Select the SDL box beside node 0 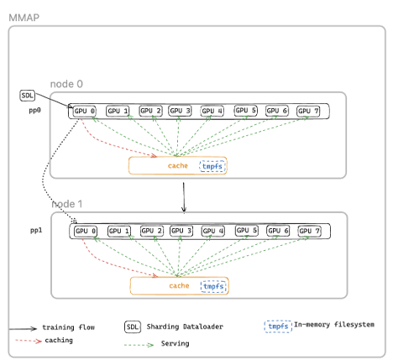(29, 96)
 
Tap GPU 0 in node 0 (85, 111)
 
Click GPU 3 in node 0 (181, 111)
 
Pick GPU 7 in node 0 (309, 111)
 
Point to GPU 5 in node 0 (246, 111)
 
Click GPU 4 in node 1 (214, 231)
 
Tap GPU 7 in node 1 (311, 231)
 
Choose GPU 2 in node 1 (151, 231)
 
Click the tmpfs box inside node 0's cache (212, 166)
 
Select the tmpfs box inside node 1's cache (214, 286)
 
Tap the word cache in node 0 (178, 166)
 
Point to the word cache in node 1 (180, 286)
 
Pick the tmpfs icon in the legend (277, 324)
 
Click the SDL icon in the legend (133, 326)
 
